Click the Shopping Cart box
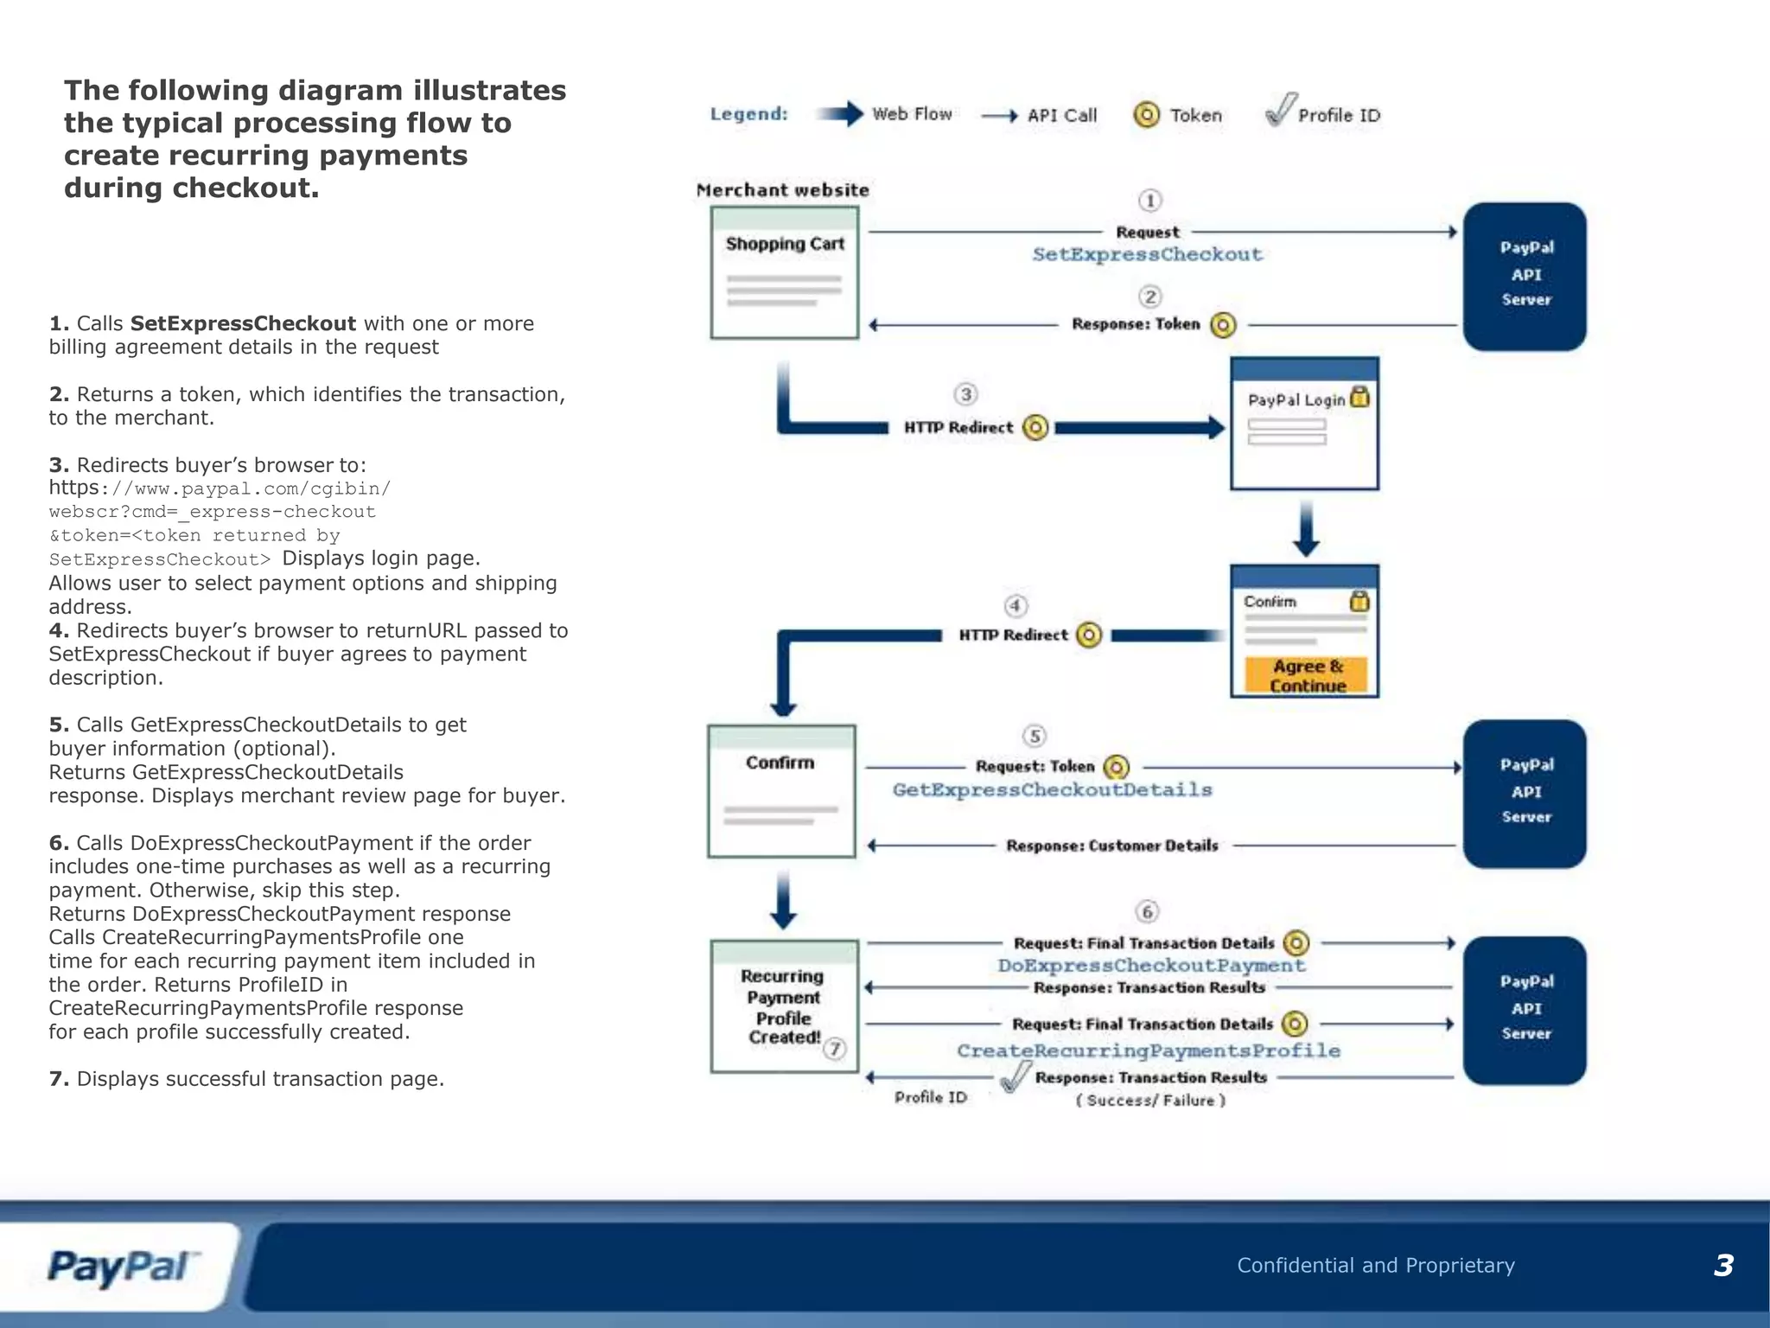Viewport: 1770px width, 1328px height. click(784, 272)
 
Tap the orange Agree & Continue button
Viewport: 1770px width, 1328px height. click(1307, 675)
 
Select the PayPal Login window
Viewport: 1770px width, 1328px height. click(1304, 424)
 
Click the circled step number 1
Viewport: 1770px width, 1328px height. click(1149, 201)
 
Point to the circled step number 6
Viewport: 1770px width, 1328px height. click(1147, 911)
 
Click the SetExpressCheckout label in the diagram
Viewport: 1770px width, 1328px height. click(1147, 254)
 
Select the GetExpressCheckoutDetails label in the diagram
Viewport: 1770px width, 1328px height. click(1052, 789)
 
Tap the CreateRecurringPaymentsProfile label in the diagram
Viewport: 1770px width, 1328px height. click(1148, 1050)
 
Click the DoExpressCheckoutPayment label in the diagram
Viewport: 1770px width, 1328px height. click(1150, 966)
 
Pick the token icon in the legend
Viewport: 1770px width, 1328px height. click(1146, 115)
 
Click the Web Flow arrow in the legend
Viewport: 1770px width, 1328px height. click(840, 114)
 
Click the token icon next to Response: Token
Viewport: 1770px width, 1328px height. click(1223, 325)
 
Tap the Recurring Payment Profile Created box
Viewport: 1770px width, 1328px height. click(784, 1006)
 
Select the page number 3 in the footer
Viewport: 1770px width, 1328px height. click(1723, 1266)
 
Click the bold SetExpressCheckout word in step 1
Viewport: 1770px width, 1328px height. click(243, 323)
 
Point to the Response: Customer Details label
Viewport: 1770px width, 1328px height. click(1111, 846)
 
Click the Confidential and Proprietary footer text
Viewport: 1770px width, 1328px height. click(1375, 1266)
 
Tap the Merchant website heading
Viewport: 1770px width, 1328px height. click(782, 190)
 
